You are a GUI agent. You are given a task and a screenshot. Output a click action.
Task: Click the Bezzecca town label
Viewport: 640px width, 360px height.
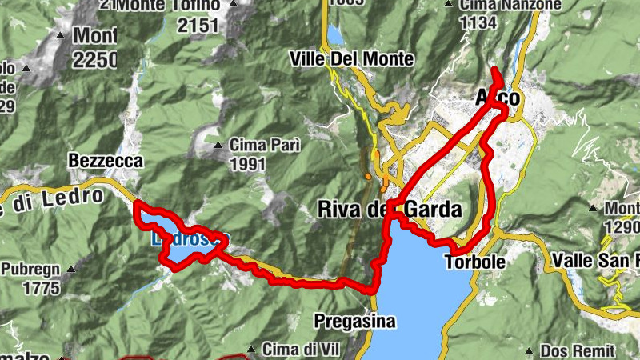pyautogui.click(x=106, y=161)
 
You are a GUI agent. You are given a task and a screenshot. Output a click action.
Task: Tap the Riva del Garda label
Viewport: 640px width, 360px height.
pyautogui.click(x=390, y=210)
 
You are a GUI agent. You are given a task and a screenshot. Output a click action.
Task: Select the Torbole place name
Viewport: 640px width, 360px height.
pyautogui.click(x=475, y=262)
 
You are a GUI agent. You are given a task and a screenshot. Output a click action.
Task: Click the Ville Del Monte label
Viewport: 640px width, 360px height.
pyautogui.click(x=353, y=59)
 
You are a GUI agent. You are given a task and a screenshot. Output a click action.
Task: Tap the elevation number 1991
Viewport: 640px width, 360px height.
pyautogui.click(x=246, y=164)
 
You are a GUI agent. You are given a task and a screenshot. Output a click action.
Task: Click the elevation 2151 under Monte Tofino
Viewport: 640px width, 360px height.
pyautogui.click(x=198, y=26)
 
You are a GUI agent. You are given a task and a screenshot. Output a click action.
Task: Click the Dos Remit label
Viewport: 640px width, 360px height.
pyautogui.click(x=577, y=350)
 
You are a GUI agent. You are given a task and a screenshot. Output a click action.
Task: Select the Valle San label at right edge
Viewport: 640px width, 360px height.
pyautogui.click(x=596, y=260)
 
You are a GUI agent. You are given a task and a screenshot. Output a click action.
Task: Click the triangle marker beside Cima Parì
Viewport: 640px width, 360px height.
pyautogui.click(x=218, y=146)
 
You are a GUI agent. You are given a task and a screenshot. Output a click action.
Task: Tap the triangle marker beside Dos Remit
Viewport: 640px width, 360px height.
pyautogui.click(x=529, y=350)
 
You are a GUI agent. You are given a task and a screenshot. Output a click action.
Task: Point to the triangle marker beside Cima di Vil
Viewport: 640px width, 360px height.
pyautogui.click(x=252, y=349)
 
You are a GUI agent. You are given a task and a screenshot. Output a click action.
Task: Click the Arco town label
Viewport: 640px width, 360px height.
pyautogui.click(x=498, y=98)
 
